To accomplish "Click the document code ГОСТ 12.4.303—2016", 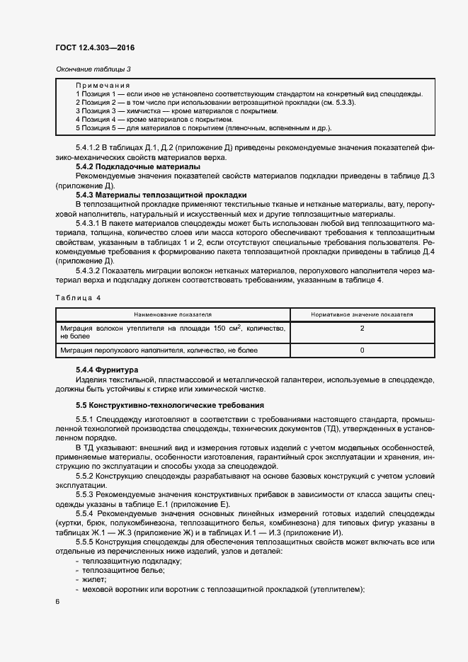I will point(94,47).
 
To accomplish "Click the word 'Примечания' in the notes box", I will point(102,85).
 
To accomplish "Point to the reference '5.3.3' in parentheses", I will point(342,103).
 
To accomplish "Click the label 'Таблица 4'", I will point(78,297).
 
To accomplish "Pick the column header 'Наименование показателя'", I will point(173,314).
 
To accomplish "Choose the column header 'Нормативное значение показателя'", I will point(362,314).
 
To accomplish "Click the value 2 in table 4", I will point(362,329).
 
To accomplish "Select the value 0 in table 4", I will point(362,350).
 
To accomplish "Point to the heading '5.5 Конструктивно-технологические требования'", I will point(170,405).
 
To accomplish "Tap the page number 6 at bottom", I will point(57,602).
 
